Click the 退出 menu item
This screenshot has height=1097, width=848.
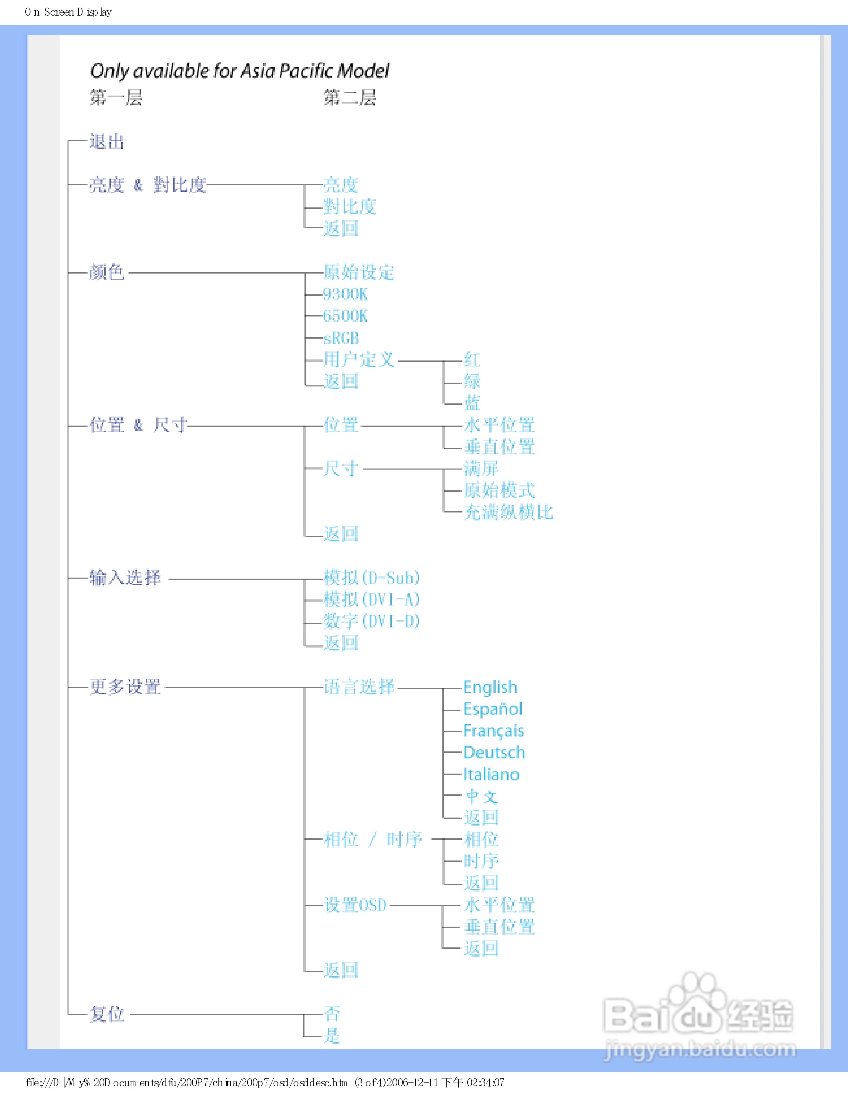(106, 142)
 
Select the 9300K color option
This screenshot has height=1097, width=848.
(345, 294)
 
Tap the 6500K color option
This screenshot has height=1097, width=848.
(345, 316)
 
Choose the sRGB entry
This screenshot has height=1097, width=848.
(341, 338)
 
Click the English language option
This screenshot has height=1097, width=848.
(490, 687)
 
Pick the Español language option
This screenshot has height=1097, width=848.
(492, 709)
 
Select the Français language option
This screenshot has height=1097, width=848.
(493, 731)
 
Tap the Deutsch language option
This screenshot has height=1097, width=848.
(494, 752)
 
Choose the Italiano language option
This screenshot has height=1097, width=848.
(491, 775)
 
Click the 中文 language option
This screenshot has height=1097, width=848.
(481, 796)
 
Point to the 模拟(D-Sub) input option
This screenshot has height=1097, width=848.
(371, 578)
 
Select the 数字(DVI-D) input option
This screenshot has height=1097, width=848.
(371, 621)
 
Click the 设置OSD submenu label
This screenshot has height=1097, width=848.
(355, 905)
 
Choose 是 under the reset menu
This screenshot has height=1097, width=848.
(332, 1036)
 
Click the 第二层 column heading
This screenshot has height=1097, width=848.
(350, 97)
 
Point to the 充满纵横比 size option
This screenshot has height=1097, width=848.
(508, 512)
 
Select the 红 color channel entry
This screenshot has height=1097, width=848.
(472, 360)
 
